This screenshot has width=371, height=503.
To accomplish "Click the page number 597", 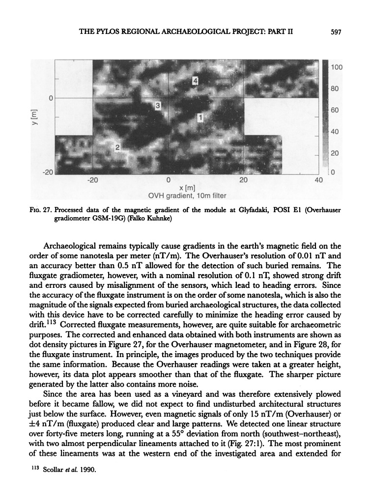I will pyautogui.click(x=336, y=32).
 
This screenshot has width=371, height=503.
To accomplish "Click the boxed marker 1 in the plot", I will pyautogui.click(x=200, y=116).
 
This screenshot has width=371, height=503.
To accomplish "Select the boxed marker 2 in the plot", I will pyautogui.click(x=118, y=147).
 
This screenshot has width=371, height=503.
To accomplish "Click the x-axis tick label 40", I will pyautogui.click(x=318, y=180).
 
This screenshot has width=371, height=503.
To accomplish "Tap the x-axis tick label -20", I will pyautogui.click(x=92, y=180).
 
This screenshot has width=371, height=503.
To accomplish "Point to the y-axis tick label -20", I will pyautogui.click(x=47, y=172).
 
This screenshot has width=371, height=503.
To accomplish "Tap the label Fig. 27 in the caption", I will pyautogui.click(x=40, y=210).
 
